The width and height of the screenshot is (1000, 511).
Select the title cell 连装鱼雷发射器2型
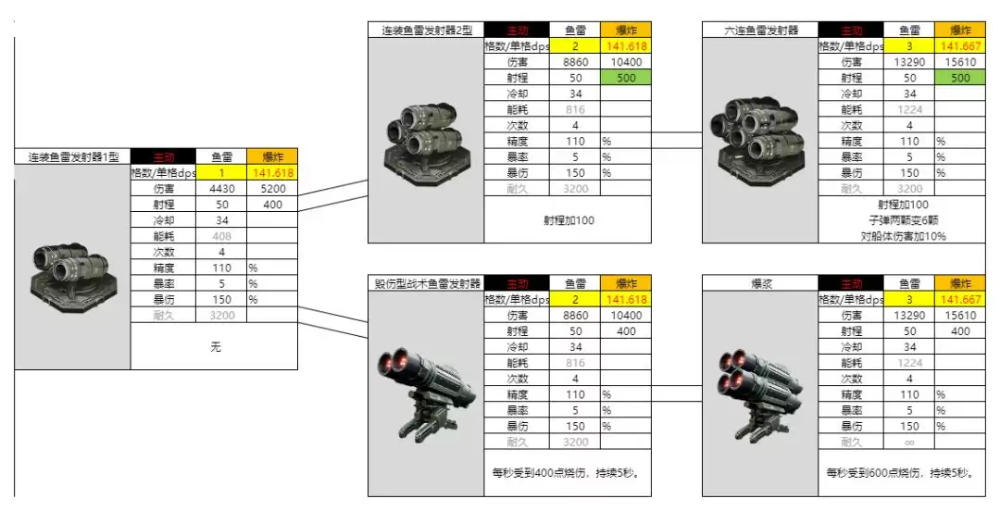426,31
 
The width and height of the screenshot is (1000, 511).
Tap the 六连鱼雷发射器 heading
760,31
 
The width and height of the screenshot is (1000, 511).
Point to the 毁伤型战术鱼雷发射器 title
426,283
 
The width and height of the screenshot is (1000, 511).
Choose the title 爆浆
760,283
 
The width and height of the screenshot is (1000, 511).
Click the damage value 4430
222,188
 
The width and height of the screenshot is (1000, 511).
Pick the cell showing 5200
272,188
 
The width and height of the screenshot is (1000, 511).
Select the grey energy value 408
222,236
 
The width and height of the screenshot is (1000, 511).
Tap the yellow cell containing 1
222,172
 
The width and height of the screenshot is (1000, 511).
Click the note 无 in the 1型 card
216,347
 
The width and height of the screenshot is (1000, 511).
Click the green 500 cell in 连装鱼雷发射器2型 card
626,78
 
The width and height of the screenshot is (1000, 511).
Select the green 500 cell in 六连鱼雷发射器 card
960,78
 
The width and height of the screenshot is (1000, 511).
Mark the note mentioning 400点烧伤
567,472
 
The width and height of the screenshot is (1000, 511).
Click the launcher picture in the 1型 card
72,268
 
